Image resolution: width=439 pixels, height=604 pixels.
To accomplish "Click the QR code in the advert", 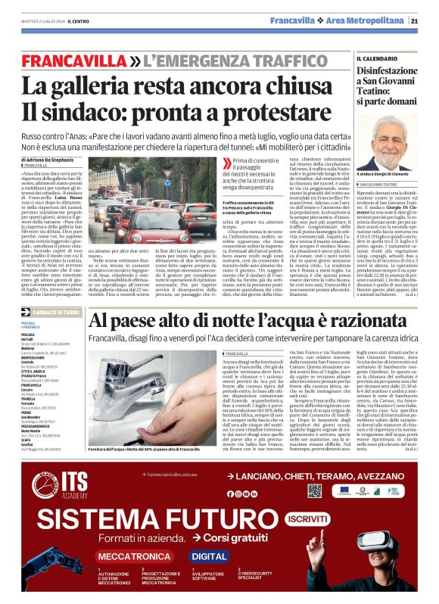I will (x=315, y=490).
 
